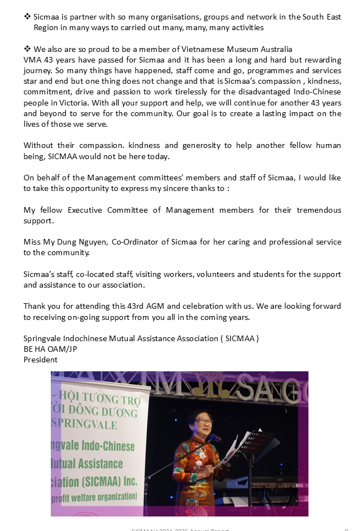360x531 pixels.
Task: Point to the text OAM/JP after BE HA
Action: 66,349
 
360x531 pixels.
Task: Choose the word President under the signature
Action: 40,360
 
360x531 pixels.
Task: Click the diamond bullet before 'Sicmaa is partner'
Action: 27,17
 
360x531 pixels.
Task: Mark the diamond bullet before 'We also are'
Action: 27,50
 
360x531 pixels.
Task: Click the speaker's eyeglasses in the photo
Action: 204,421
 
